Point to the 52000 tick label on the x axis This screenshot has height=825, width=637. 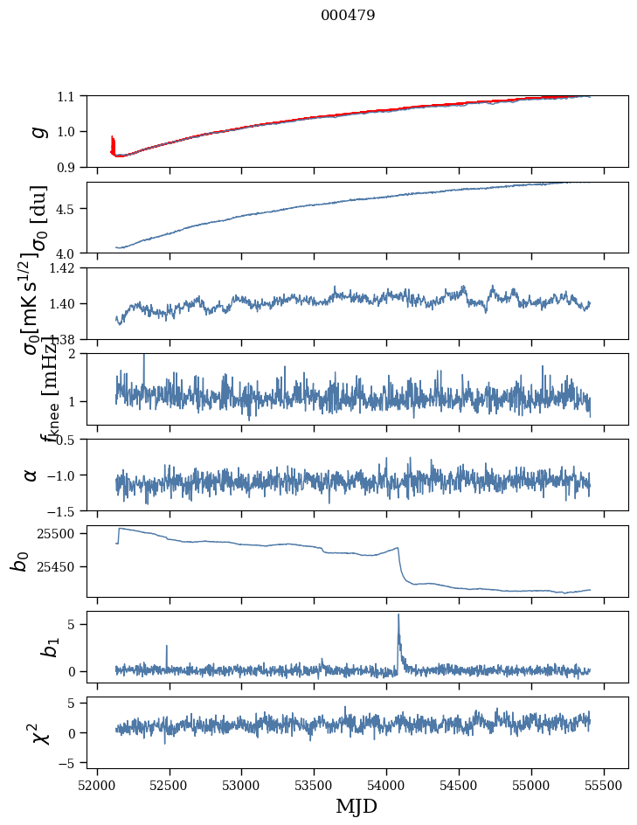click(97, 784)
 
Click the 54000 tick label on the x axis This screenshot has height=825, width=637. click(386, 784)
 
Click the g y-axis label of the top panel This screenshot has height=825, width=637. click(38, 131)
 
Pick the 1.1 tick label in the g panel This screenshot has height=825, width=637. click(69, 96)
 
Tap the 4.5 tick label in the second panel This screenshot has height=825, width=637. click(69, 209)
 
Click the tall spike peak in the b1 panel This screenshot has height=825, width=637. click(398, 614)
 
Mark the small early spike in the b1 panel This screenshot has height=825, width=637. click(166, 647)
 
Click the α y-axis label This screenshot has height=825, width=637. click(31, 475)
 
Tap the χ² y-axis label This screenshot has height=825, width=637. click(40, 733)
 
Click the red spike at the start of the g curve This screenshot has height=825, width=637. click(112, 138)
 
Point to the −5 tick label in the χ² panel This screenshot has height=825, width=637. click(69, 763)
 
